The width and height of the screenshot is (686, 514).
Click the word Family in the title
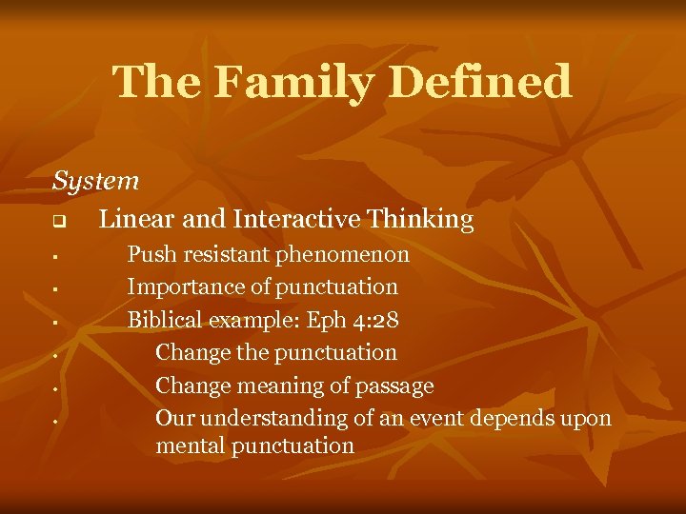(286, 82)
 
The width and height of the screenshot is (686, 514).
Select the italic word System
(95, 180)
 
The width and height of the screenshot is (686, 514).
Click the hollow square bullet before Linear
(57, 222)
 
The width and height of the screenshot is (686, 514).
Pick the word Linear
(135, 220)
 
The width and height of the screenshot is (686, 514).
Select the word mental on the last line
(187, 445)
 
